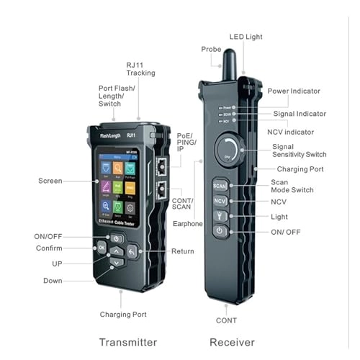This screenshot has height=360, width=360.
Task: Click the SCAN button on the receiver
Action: (220, 186)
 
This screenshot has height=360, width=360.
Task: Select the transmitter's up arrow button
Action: (117, 252)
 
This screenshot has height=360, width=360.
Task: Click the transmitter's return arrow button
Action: (132, 251)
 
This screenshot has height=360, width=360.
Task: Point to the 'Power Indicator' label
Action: (294, 91)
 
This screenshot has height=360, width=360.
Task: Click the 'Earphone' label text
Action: (188, 224)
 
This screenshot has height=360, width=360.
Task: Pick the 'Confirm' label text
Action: (48, 249)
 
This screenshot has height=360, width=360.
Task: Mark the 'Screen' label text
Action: (50, 181)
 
